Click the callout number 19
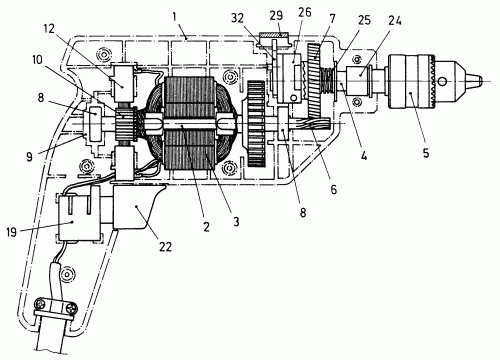pyautogui.click(x=11, y=232)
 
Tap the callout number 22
pyautogui.click(x=165, y=247)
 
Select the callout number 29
pyautogui.click(x=276, y=15)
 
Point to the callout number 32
pyautogui.click(x=238, y=18)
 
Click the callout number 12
pyautogui.click(x=49, y=28)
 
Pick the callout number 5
pyautogui.click(x=426, y=153)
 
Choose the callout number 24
pyautogui.click(x=395, y=21)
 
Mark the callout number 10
pyautogui.click(x=37, y=60)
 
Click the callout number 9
pyautogui.click(x=29, y=157)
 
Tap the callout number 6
pyautogui.click(x=334, y=189)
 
